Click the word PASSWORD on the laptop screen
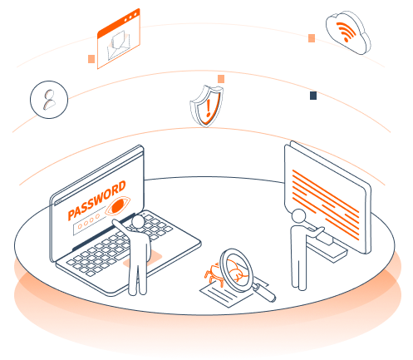pyautogui.click(x=96, y=200)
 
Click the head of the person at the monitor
pyautogui.click(x=297, y=216)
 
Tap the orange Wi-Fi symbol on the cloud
pyautogui.click(x=343, y=32)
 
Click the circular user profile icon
pyautogui.click(x=47, y=99)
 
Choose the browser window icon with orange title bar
pyautogui.click(x=118, y=40)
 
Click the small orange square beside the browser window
pyautogui.click(x=91, y=59)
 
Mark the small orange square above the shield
pyautogui.click(x=221, y=79)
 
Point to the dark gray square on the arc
pyautogui.click(x=313, y=96)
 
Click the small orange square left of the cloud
pyautogui.click(x=312, y=38)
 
